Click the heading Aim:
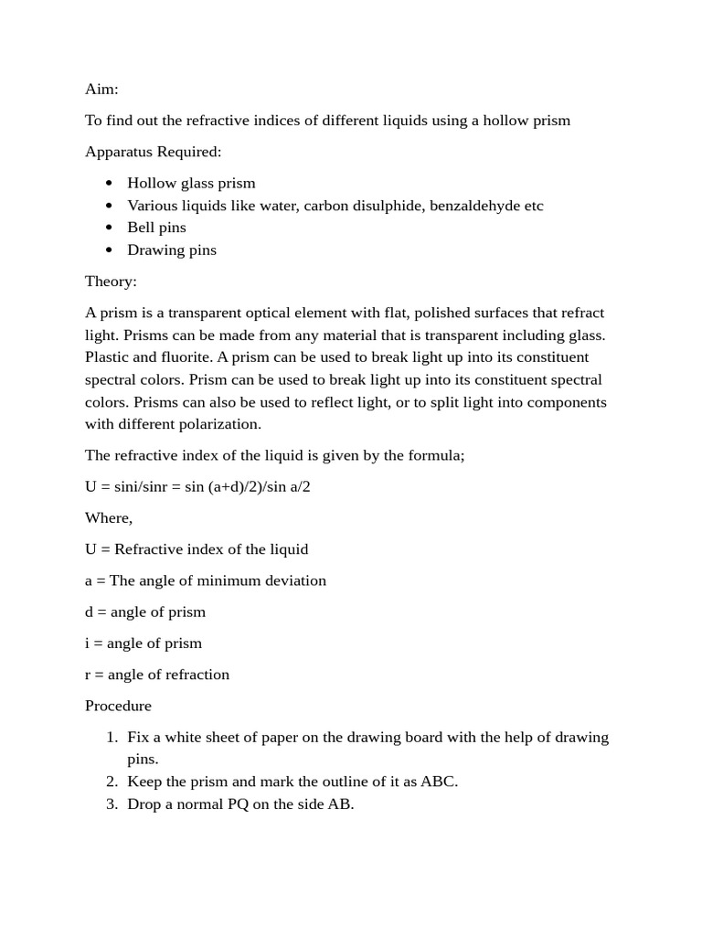(101, 90)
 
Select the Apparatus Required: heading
(153, 152)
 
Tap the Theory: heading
(111, 282)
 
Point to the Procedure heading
(118, 706)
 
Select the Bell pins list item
(156, 228)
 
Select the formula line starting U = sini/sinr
(197, 486)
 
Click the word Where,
(109, 518)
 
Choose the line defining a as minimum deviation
(205, 580)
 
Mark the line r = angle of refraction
(156, 675)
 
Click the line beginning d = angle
(144, 612)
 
